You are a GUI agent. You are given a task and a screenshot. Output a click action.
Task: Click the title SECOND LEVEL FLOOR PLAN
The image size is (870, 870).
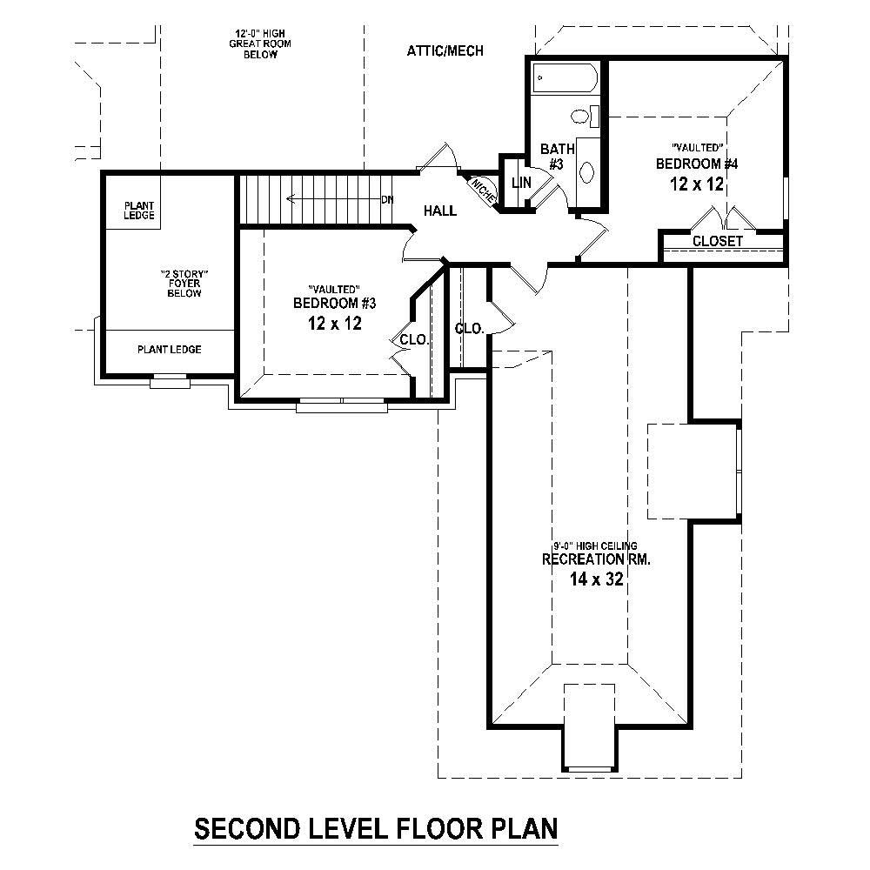click(375, 827)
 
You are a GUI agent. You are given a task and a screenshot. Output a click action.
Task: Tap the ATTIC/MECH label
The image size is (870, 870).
click(445, 51)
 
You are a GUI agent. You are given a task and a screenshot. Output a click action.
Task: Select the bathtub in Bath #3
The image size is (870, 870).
click(565, 78)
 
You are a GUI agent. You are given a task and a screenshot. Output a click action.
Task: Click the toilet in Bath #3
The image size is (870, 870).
click(581, 115)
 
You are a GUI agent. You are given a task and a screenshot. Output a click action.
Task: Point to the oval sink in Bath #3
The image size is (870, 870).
click(587, 171)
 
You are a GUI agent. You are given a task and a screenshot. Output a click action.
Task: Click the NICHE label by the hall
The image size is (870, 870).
click(483, 190)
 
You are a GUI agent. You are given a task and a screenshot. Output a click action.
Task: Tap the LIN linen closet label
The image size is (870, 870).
click(521, 183)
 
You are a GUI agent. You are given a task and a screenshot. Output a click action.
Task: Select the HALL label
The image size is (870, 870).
click(440, 211)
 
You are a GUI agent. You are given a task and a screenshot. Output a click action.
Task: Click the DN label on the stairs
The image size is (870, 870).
click(387, 200)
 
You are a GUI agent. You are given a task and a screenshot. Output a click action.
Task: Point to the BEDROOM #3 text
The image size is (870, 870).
click(327, 303)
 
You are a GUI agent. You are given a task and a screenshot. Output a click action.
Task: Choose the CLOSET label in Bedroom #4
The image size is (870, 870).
click(718, 241)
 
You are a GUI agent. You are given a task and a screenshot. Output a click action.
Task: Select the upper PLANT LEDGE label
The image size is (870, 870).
click(139, 210)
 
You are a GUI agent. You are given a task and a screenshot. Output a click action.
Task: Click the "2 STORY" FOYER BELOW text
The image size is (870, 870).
click(184, 284)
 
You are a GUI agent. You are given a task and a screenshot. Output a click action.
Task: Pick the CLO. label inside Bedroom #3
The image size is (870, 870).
click(413, 340)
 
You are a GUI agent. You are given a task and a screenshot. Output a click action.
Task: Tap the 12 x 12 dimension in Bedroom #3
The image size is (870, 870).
click(327, 324)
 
